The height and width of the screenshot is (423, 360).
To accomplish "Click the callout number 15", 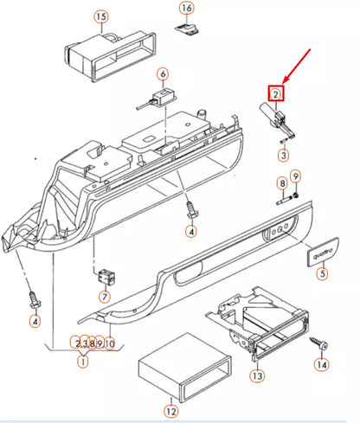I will [101, 16].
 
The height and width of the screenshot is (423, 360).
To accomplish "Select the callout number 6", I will [162, 74].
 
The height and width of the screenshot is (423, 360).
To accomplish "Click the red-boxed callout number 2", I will [275, 93].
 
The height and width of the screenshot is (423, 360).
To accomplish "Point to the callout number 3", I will [282, 156].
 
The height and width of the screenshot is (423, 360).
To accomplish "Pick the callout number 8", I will [281, 183].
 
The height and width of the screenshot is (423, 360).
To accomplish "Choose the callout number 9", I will [295, 177].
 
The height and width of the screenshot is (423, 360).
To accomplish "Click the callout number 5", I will [323, 274].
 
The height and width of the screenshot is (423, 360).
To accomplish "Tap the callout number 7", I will [106, 297].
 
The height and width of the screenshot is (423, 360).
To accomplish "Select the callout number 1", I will [83, 362].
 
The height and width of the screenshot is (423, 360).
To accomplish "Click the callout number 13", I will [257, 376].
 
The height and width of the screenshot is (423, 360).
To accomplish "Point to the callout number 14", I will [323, 366].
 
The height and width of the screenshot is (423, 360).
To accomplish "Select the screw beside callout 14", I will [322, 345].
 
